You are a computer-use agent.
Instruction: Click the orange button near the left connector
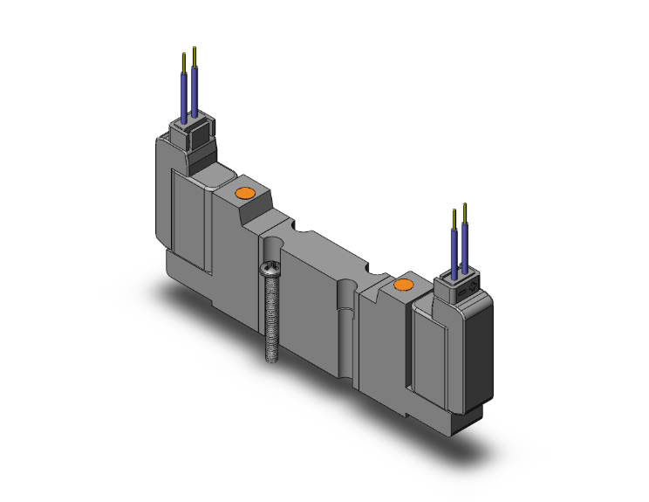[x=244, y=193]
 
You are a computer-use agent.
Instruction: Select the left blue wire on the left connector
[x=183, y=95]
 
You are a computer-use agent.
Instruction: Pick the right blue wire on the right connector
[x=467, y=246]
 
